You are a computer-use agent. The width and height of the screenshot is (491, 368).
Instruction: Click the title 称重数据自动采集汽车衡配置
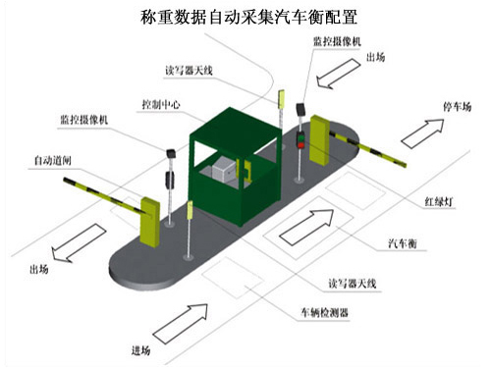click(x=246, y=18)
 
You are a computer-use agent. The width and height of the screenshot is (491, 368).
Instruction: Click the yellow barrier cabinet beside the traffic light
click(x=320, y=138)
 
